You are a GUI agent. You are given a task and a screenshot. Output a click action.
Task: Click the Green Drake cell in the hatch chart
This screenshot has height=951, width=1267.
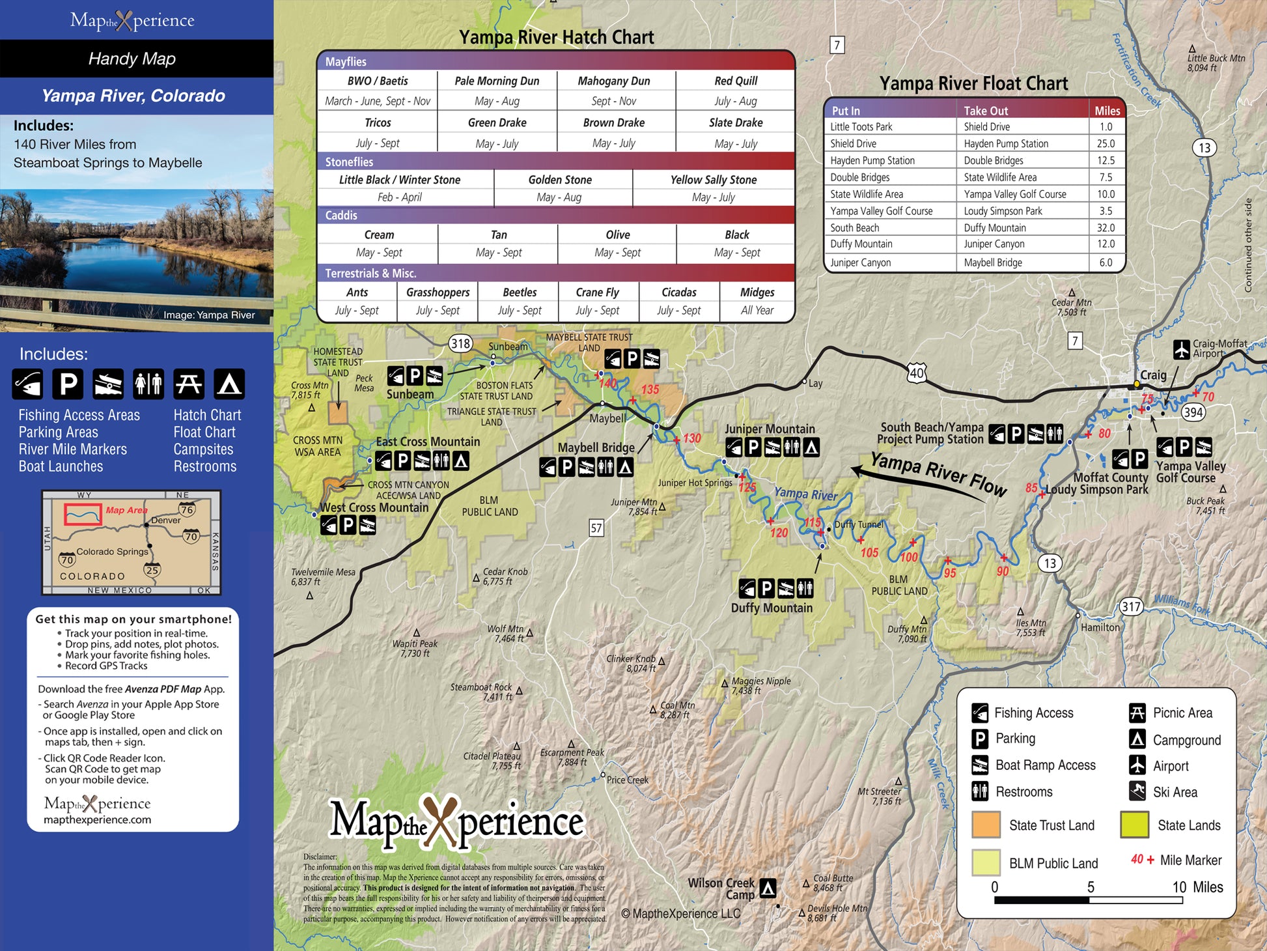point(497,122)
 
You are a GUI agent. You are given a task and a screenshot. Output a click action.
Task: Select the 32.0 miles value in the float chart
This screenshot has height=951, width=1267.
point(1106,228)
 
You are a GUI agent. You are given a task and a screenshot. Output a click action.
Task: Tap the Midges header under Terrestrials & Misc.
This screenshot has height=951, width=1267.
point(757,292)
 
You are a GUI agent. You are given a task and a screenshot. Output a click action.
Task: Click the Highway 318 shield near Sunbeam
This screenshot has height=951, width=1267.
point(460,343)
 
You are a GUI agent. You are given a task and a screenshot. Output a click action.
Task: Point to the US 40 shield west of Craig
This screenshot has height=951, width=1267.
point(916,373)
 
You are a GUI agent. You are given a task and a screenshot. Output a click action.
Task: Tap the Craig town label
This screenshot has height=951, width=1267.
point(1153,375)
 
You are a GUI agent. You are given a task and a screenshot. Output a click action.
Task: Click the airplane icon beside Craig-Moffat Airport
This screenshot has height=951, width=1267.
point(1182,349)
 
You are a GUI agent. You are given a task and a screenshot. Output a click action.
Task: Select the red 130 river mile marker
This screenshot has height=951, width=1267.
point(691,438)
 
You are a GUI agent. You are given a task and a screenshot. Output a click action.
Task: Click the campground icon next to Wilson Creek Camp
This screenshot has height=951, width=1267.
point(768,888)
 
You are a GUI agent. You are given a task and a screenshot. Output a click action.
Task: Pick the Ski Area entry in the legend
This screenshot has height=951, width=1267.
point(1175,792)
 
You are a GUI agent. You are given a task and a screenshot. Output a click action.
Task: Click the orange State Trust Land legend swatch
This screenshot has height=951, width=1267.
point(986,825)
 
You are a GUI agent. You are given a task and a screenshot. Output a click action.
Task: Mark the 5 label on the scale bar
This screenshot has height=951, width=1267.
point(1091,887)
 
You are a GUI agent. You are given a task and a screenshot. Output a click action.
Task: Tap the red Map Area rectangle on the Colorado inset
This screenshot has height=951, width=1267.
point(83,514)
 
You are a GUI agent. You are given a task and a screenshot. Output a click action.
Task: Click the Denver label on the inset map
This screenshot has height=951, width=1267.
point(165,520)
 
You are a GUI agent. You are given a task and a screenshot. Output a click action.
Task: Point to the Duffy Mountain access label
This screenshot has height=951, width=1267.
point(772,608)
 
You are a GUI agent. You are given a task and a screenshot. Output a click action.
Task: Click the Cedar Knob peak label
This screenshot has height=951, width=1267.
point(505,572)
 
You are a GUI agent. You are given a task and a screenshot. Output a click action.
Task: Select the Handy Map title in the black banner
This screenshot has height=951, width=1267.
point(132,59)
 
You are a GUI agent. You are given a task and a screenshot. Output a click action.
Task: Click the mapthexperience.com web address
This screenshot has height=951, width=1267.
point(97,820)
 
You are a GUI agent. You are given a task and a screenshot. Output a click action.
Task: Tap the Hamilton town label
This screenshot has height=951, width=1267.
point(1100,627)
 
